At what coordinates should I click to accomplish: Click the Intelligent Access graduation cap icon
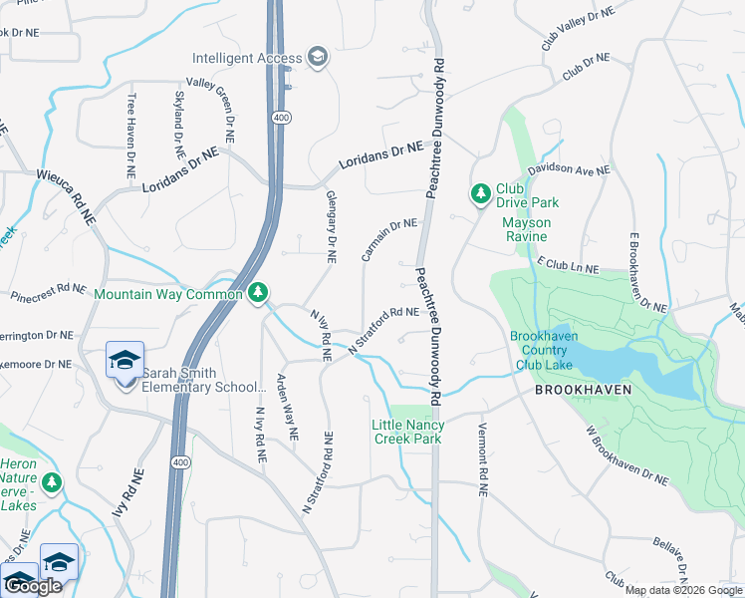(318, 57)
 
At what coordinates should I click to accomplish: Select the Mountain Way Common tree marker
(258, 293)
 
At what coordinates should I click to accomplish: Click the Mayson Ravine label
(524, 229)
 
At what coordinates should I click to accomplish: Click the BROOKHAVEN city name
(583, 390)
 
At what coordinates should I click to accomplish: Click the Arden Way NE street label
(287, 408)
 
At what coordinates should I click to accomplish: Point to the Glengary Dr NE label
(332, 227)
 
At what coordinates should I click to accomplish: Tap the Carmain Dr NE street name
(388, 239)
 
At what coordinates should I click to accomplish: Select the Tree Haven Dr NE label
(130, 136)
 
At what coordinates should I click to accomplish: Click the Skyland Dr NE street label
(180, 127)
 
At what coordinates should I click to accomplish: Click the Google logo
(34, 586)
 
